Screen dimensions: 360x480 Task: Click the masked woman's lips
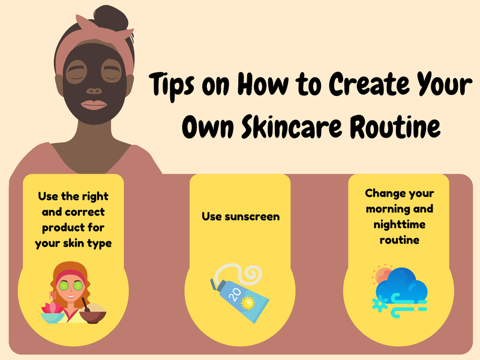pos(94,106)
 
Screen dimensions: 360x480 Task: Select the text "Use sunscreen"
pos(240,215)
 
